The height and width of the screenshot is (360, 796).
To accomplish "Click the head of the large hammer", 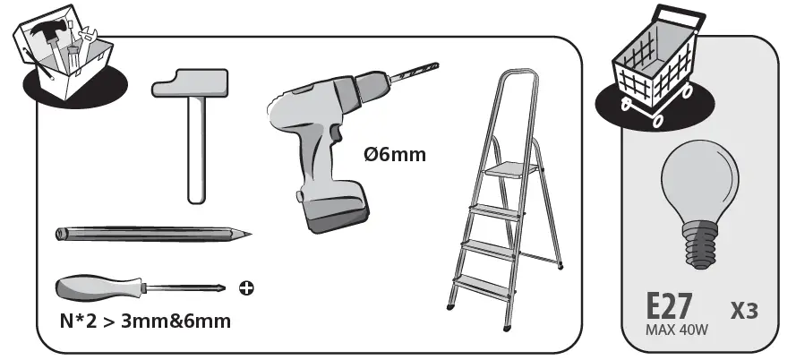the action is point(191,82).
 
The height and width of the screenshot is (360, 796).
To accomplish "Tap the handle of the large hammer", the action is point(196,150).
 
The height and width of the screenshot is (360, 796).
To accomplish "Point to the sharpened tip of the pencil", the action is point(248,234).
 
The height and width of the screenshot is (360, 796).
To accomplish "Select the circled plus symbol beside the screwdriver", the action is point(246,288).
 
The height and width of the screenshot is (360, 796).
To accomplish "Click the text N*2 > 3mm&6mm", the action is point(145,321).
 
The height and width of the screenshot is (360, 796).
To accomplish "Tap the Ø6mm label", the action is point(395,154).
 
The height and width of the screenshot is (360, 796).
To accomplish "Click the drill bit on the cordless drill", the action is point(414,72).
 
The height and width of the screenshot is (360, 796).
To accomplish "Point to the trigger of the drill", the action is point(336,133).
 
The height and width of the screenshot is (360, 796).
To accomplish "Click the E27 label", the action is point(669,307).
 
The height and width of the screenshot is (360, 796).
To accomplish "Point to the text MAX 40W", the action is point(676,330).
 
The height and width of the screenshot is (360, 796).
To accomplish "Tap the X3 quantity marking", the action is point(744,310).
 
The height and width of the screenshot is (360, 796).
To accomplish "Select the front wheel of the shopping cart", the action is point(656,121).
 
